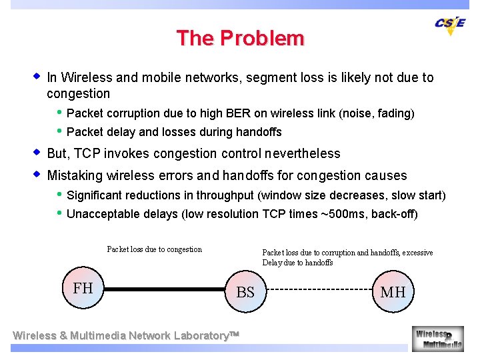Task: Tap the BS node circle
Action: point(245,291)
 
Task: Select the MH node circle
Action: point(393,291)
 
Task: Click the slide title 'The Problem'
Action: point(240,38)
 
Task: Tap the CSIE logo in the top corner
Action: point(450,24)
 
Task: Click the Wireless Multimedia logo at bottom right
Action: point(437,338)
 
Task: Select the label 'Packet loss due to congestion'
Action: point(154,249)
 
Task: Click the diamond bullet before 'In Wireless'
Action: point(37,77)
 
